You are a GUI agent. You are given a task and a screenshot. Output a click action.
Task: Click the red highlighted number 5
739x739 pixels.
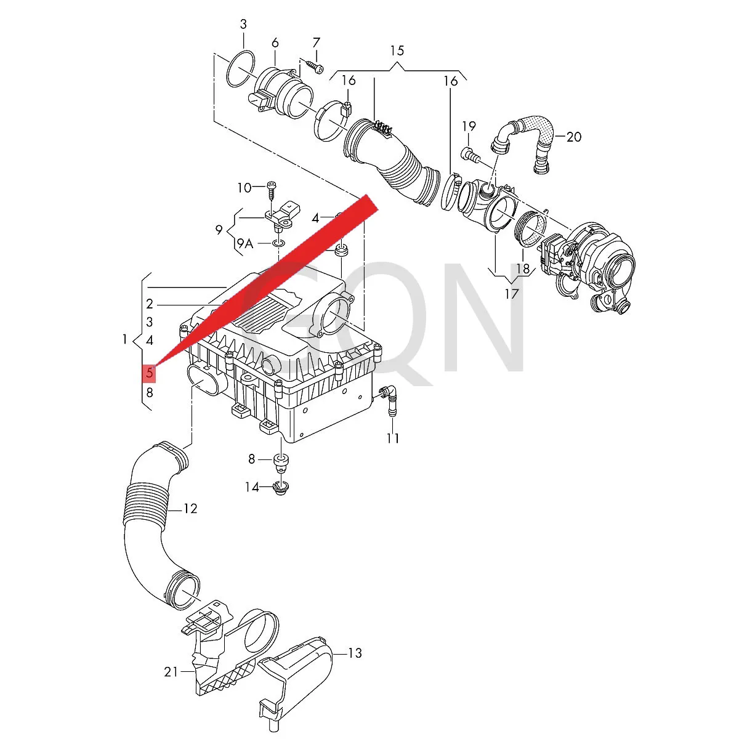[x=149, y=373]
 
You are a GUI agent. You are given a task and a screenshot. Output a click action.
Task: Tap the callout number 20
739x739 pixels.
[x=574, y=137]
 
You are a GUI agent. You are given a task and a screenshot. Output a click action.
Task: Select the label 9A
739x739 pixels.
[x=244, y=243]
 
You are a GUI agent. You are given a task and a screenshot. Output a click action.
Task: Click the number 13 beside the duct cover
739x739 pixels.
[x=355, y=653]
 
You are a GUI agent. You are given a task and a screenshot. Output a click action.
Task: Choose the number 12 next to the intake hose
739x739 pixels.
[x=190, y=509]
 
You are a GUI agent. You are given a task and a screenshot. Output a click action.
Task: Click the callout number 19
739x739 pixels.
[x=469, y=126]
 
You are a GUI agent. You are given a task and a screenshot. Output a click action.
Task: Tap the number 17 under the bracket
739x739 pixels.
[x=512, y=294]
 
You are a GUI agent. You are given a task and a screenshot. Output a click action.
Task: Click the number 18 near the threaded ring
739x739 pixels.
[x=523, y=269]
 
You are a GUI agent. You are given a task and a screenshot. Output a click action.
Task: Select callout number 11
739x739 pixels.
[x=393, y=438]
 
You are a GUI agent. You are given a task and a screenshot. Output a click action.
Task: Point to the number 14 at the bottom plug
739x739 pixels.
[x=252, y=487]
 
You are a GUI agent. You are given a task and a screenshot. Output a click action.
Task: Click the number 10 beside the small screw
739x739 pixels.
[x=244, y=188]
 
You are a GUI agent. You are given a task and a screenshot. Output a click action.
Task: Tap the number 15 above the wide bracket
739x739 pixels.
[x=397, y=50]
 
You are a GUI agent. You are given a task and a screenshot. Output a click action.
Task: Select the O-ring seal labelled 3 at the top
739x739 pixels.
[x=241, y=68]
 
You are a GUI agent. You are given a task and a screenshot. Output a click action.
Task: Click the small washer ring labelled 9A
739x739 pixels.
[x=278, y=243]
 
